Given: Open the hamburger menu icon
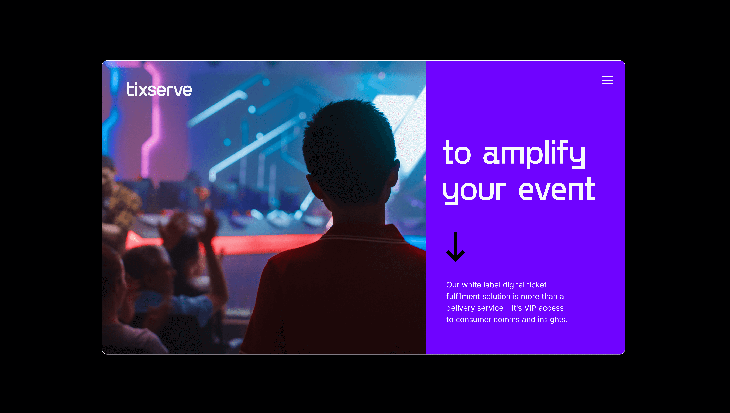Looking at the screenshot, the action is coord(607,80).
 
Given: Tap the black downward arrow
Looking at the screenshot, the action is coord(455,247).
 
